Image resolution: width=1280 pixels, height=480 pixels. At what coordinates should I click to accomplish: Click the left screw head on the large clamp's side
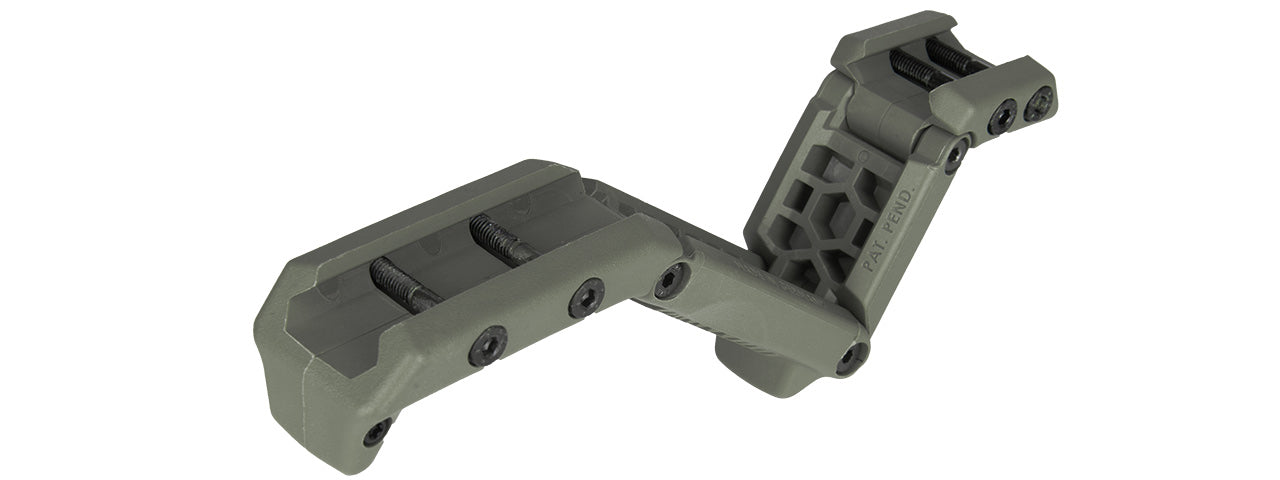[x=486, y=345]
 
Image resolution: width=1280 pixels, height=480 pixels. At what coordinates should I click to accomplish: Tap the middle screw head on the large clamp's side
[x=586, y=298]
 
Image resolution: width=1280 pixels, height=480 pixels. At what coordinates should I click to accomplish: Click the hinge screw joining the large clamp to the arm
[x=669, y=281]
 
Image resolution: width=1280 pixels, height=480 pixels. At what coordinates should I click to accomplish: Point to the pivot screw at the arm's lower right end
[x=852, y=357]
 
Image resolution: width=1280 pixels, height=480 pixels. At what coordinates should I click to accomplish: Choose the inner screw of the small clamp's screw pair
[x=1001, y=118]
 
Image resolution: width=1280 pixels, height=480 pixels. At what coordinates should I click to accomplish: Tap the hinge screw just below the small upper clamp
[x=956, y=155]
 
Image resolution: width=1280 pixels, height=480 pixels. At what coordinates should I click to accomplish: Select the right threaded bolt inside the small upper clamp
[x=951, y=56]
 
